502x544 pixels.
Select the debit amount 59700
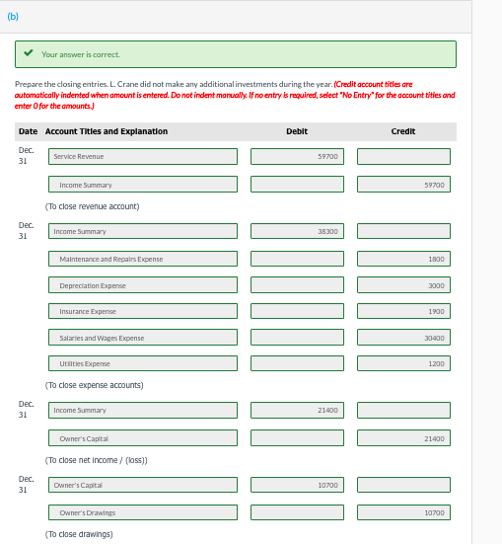pos(297,156)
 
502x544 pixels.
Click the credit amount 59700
pos(403,185)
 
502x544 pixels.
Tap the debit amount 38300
pos(297,231)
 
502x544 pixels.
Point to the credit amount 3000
pos(403,285)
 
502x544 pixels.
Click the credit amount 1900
pos(403,311)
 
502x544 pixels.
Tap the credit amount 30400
pos(403,338)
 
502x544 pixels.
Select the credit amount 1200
pos(403,363)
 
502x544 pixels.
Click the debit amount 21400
pos(297,410)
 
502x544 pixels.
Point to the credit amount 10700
pos(403,512)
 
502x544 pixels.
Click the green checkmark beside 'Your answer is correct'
pos(31,54)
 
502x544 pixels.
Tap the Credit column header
pos(402,131)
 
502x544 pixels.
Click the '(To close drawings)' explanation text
pos(79,534)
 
